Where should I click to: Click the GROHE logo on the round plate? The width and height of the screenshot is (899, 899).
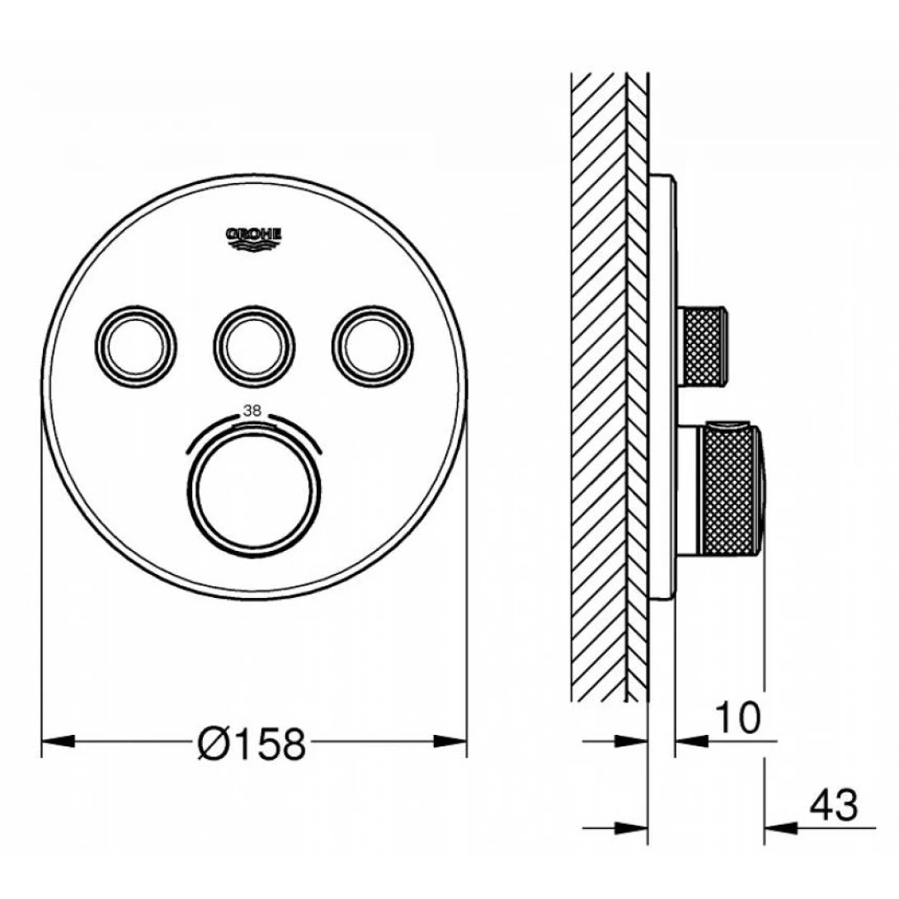pyautogui.click(x=254, y=237)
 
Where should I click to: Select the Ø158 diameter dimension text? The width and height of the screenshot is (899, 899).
pyautogui.click(x=252, y=745)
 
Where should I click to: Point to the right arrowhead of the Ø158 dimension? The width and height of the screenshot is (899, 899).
pyautogui.click(x=451, y=741)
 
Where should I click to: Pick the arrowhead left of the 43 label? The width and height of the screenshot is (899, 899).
pyautogui.click(x=779, y=826)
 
